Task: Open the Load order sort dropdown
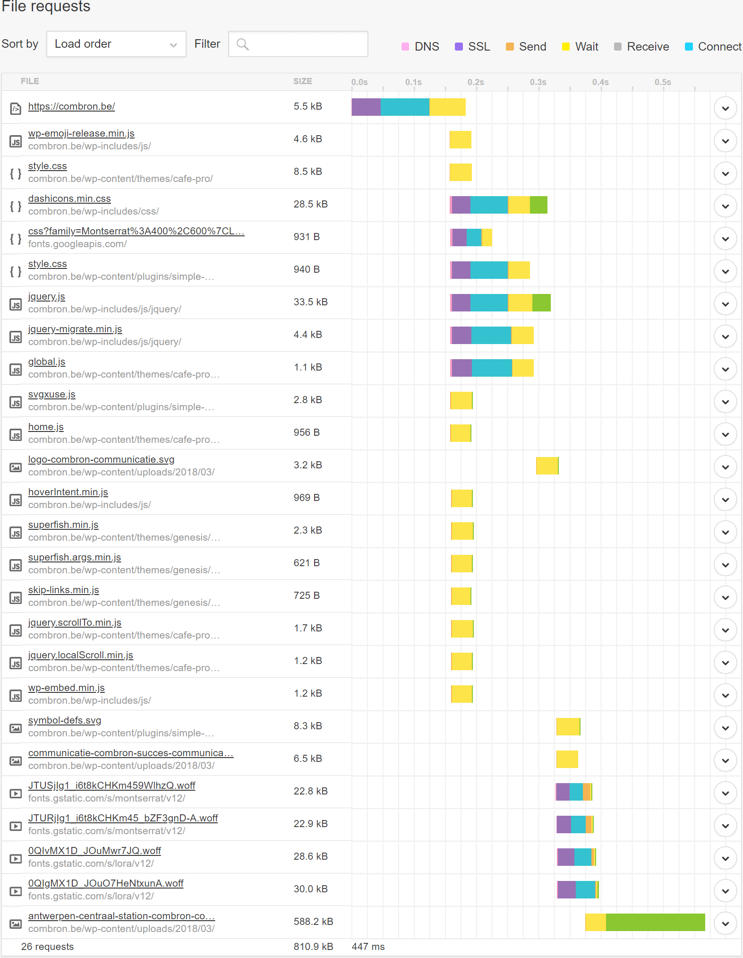click(x=116, y=44)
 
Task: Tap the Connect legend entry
click(x=713, y=46)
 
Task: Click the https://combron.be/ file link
click(x=71, y=106)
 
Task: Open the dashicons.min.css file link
click(x=69, y=199)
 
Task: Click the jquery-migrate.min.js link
click(x=75, y=329)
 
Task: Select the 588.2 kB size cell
click(x=313, y=921)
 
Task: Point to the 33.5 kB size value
click(x=310, y=302)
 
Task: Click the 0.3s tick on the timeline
click(x=538, y=82)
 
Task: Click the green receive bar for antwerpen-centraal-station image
click(x=655, y=922)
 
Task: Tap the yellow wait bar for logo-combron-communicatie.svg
click(x=547, y=466)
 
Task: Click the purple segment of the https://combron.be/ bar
click(x=366, y=107)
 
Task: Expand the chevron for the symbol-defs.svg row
click(x=725, y=728)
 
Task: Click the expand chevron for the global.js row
click(x=725, y=369)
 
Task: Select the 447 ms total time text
click(x=368, y=947)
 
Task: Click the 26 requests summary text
click(x=47, y=947)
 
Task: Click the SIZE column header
click(x=302, y=81)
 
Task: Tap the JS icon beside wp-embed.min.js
click(x=16, y=696)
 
